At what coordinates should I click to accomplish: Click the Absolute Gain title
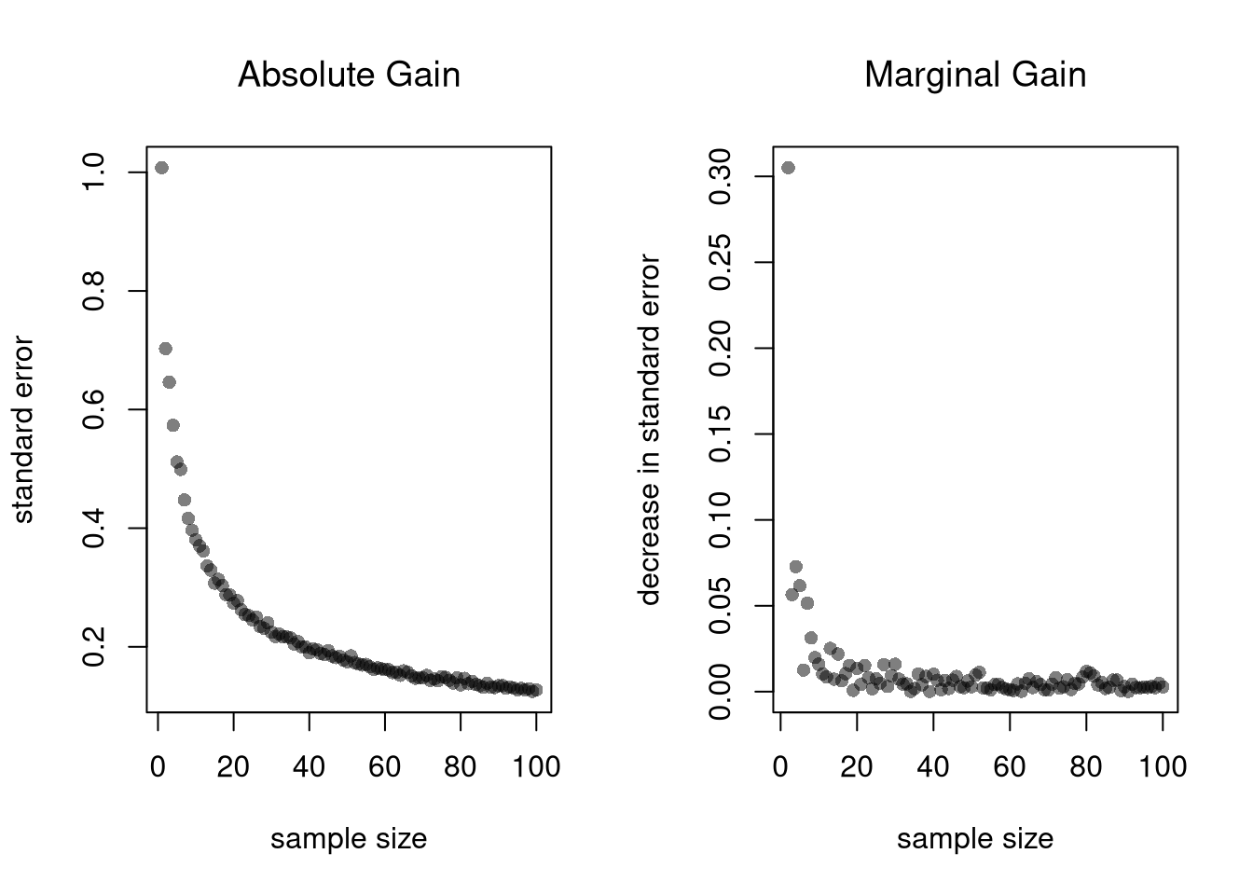(349, 75)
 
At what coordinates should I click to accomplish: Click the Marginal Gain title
(975, 75)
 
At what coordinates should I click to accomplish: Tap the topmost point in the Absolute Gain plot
(161, 168)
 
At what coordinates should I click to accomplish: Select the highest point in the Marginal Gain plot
(788, 168)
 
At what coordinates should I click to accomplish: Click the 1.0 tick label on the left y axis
(94, 172)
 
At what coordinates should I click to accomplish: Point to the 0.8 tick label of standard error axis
(94, 291)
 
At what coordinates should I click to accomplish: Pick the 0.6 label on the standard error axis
(94, 409)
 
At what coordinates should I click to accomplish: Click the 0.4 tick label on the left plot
(94, 528)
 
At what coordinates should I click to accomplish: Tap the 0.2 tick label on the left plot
(94, 646)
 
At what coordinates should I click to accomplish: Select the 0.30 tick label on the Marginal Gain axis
(721, 176)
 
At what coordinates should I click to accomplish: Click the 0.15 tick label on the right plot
(721, 434)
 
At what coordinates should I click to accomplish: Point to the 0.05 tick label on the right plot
(721, 605)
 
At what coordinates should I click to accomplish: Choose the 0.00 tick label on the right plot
(721, 691)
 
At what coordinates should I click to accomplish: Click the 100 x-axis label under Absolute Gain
(537, 767)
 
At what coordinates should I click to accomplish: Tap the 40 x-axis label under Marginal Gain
(933, 767)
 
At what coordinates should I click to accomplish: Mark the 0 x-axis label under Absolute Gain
(158, 767)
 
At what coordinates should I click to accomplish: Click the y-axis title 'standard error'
(23, 429)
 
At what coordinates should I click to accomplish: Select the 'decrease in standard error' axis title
(650, 429)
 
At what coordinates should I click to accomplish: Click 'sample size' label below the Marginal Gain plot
(975, 839)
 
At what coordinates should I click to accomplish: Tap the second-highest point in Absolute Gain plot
(165, 349)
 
